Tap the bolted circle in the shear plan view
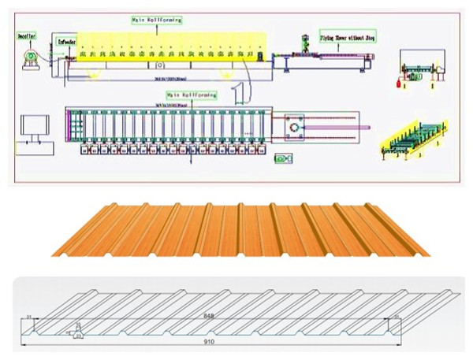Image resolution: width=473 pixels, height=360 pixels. pos(296,127)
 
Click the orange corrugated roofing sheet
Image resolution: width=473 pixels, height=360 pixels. pos(240,228)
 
